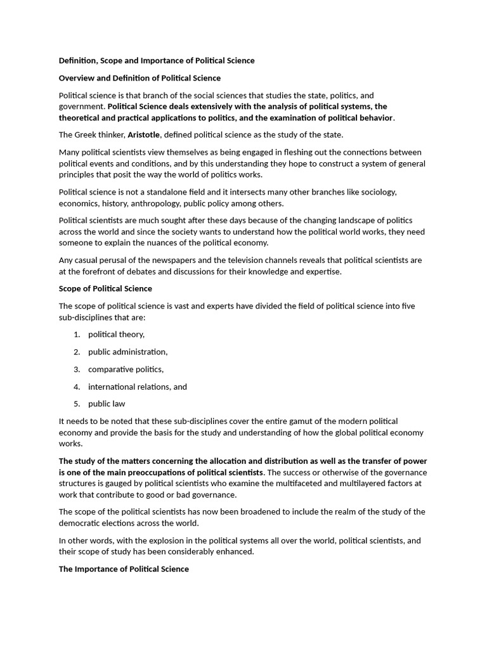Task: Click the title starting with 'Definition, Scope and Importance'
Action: pos(157,61)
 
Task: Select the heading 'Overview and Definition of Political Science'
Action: pos(140,78)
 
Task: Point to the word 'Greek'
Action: pos(87,135)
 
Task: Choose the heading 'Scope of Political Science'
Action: pos(105,288)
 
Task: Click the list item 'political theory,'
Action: pos(116,335)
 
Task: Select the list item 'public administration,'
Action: pos(127,352)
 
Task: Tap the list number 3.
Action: pos(76,369)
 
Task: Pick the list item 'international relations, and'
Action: pos(137,387)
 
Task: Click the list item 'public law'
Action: pos(107,404)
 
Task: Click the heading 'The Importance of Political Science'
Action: pos(124,569)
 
